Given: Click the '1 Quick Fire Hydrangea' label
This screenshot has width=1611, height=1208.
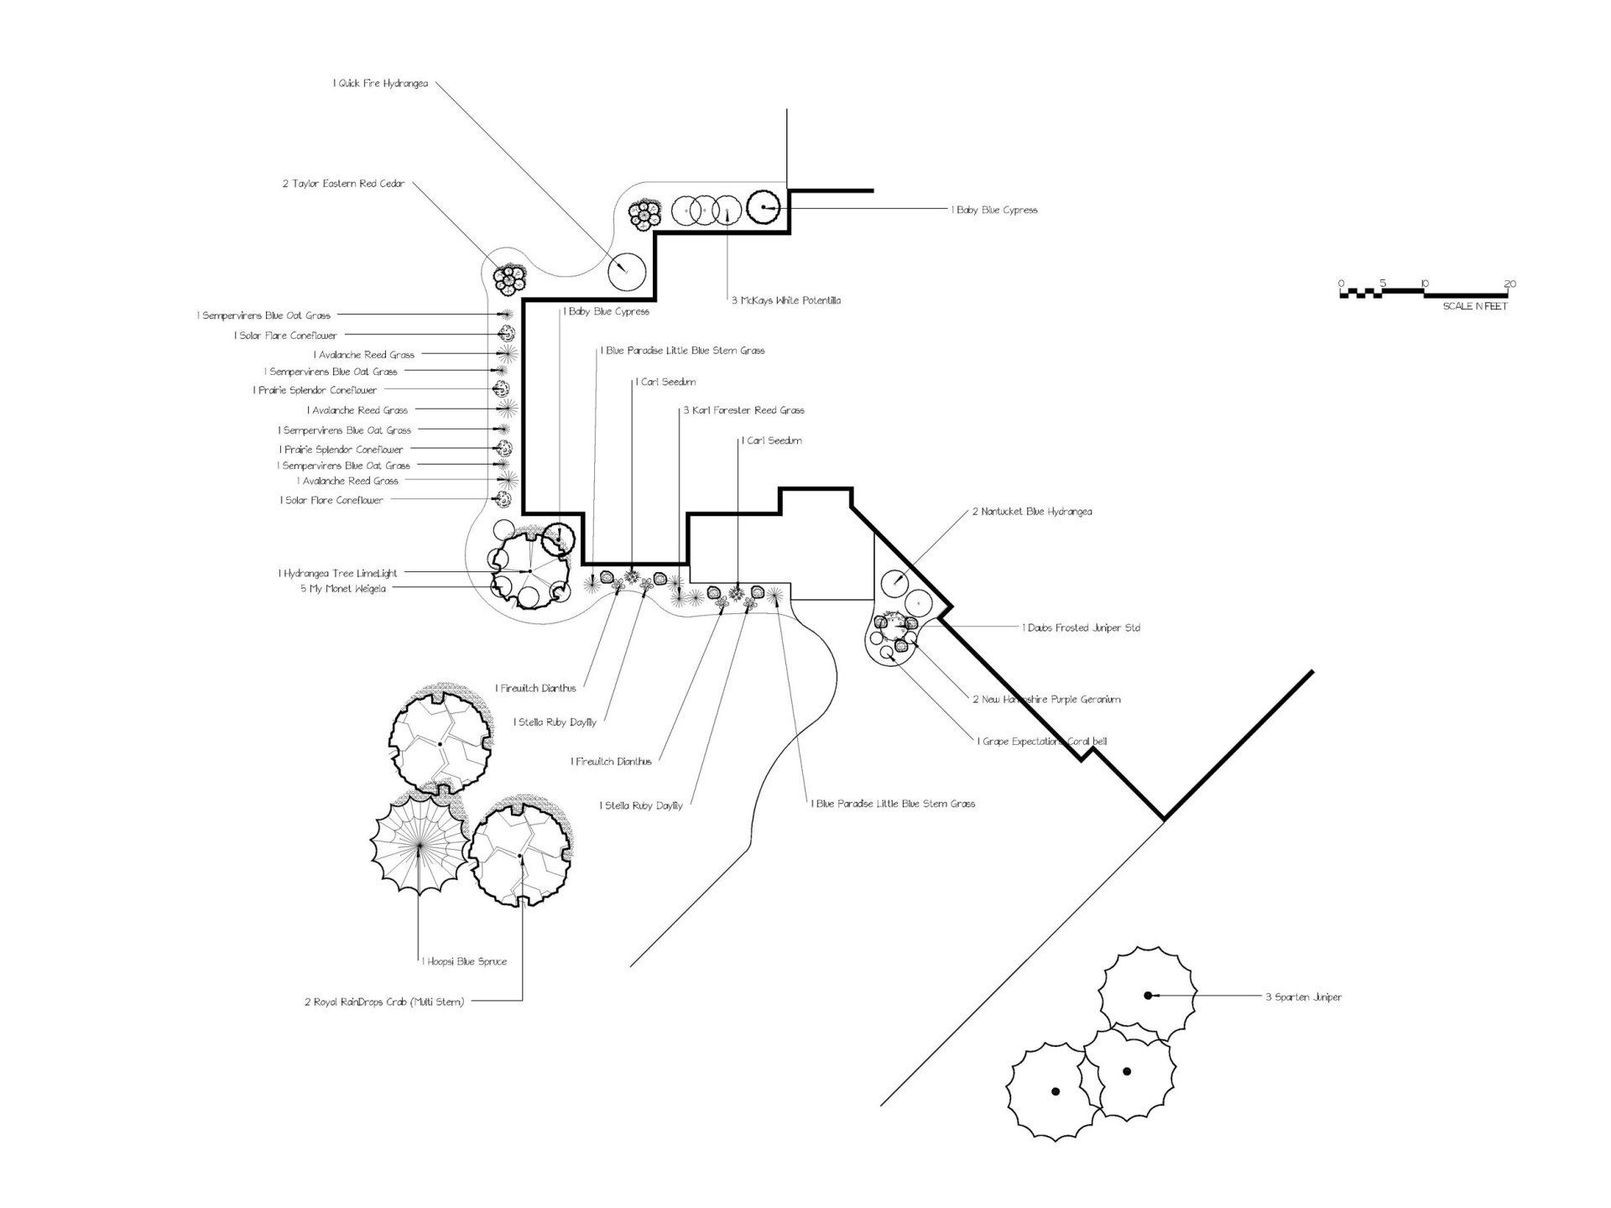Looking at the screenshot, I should [x=380, y=84].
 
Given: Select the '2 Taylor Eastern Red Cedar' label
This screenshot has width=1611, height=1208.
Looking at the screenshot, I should [x=343, y=184].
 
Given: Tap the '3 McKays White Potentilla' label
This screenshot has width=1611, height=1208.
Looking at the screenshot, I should [x=785, y=300].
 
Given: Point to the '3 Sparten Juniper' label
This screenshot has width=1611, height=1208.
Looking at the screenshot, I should [x=1303, y=997].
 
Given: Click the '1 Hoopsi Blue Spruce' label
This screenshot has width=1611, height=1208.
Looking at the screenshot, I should [x=464, y=961].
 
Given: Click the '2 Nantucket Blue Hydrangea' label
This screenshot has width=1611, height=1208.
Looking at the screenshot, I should [x=1032, y=512].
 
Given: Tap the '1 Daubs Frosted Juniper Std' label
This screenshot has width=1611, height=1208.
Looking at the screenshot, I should [x=1081, y=627].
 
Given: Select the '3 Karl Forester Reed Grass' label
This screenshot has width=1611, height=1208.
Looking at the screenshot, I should [x=743, y=410].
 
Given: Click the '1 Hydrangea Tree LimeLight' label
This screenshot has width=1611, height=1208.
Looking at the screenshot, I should [x=338, y=573].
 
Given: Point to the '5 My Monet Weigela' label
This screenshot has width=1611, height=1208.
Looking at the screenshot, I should [x=343, y=589].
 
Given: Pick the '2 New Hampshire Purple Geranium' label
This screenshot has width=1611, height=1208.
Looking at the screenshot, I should [x=1046, y=700].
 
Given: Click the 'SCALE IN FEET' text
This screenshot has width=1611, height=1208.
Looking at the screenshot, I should [x=1474, y=307].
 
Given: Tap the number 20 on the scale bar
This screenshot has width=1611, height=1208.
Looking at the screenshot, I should [x=1509, y=284].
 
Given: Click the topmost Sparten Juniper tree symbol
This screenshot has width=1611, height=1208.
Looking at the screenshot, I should [x=1147, y=995].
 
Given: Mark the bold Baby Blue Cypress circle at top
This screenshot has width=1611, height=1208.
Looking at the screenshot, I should [x=764, y=207].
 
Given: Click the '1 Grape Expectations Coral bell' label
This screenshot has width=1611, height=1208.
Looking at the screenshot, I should [x=1041, y=742].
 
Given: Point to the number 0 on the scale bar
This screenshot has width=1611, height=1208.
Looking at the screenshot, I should [x=1341, y=284].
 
